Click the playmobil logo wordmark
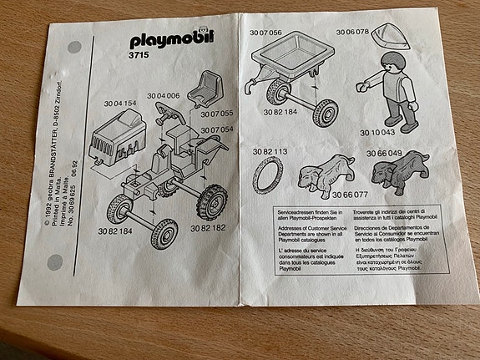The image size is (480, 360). tap(172, 39)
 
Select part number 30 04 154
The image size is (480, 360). tap(119, 103)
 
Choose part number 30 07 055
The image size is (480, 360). tap(216, 113)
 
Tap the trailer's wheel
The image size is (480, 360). tap(324, 112)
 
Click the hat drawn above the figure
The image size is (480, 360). tap(390, 35)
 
